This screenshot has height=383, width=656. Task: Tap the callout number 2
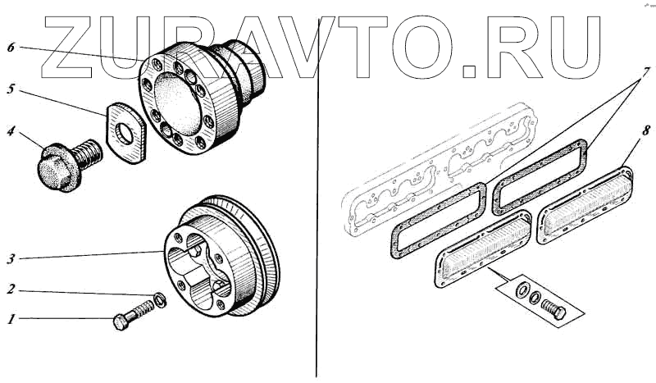coord(11,290)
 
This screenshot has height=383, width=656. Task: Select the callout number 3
coord(11,259)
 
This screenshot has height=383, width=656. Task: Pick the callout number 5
coord(11,89)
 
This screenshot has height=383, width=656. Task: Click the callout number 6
coord(11,47)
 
